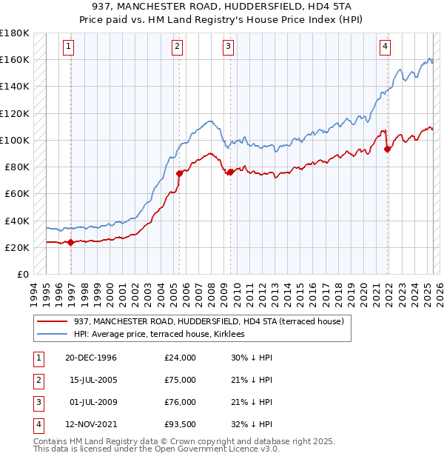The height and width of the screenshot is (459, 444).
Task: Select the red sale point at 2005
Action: coord(179,173)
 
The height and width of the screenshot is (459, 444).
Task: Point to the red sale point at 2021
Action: coord(388,149)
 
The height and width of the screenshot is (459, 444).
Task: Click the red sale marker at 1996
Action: coord(71,242)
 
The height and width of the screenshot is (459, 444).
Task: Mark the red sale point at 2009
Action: coord(230,172)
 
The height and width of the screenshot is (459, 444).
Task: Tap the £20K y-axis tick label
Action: coord(17,247)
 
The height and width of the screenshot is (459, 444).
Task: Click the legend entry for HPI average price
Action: coord(164,334)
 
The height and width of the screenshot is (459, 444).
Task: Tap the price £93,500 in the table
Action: coord(180,424)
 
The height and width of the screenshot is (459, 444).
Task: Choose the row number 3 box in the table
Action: coord(37,402)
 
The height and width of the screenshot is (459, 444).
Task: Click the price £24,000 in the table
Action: coord(180,358)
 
